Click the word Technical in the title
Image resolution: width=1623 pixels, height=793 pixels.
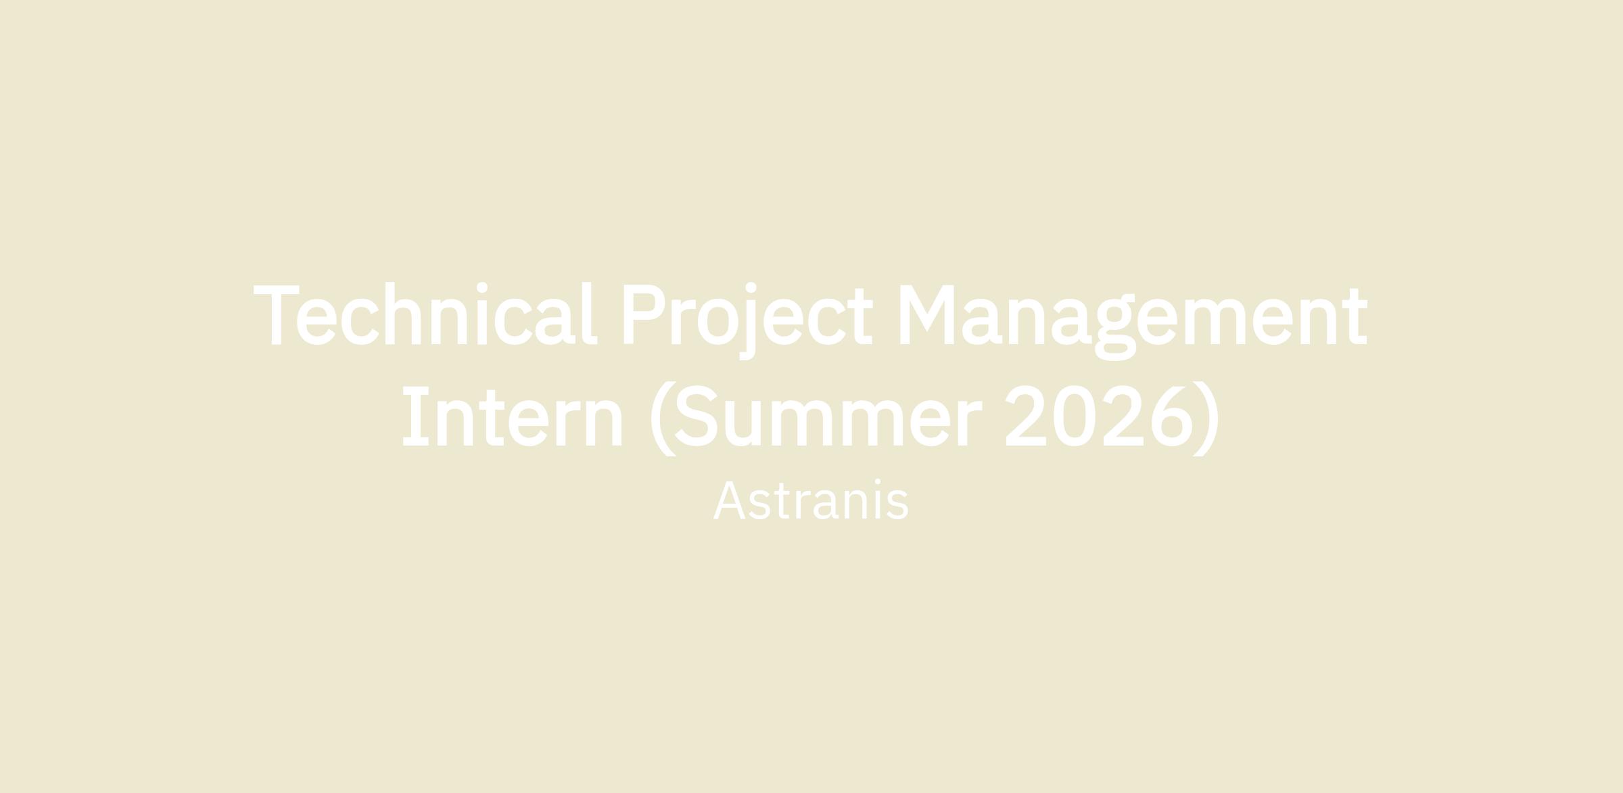[425, 314]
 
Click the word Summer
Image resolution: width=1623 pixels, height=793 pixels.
[829, 416]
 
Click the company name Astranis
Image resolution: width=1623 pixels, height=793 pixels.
[811, 500]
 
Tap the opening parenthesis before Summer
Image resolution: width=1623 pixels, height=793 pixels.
[663, 418]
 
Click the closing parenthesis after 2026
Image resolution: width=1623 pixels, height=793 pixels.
[1206, 418]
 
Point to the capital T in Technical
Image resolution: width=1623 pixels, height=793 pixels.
[276, 314]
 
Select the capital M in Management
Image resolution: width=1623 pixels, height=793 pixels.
[926, 314]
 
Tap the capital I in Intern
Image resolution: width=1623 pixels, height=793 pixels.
[416, 416]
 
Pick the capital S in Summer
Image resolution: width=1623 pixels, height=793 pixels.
[697, 416]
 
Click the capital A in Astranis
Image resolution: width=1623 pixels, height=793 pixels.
[729, 500]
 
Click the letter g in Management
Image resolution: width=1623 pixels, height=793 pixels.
[1115, 327]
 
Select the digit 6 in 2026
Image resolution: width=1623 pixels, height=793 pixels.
[1167, 416]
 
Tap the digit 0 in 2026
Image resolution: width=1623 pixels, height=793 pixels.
[1075, 416]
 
